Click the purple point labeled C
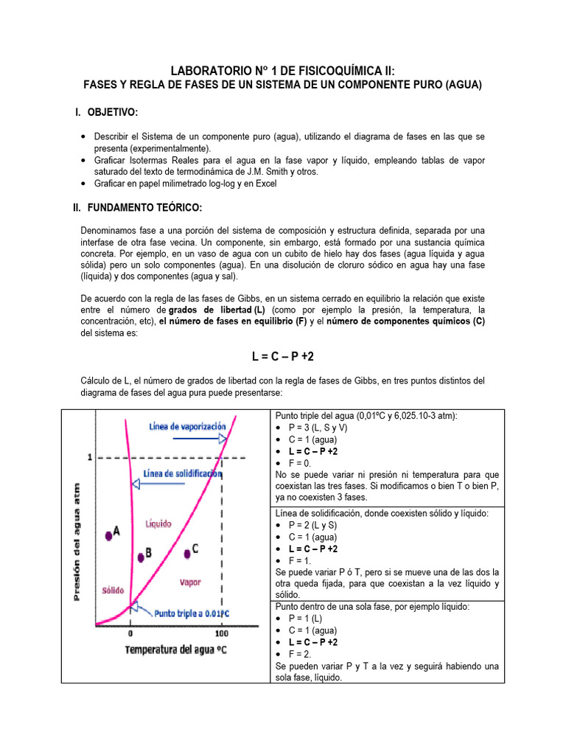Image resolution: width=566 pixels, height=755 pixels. click(x=186, y=552)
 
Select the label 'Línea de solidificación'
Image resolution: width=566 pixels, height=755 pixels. click(x=182, y=474)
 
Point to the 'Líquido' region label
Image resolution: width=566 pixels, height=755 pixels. click(x=158, y=524)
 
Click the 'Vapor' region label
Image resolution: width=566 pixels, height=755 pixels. click(x=190, y=582)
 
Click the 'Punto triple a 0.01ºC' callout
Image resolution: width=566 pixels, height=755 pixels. click(x=189, y=613)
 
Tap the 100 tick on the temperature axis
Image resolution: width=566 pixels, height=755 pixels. click(x=222, y=633)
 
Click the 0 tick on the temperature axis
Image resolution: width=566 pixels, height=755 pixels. click(x=130, y=633)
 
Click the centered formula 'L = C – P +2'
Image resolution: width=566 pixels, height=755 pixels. click(x=283, y=357)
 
